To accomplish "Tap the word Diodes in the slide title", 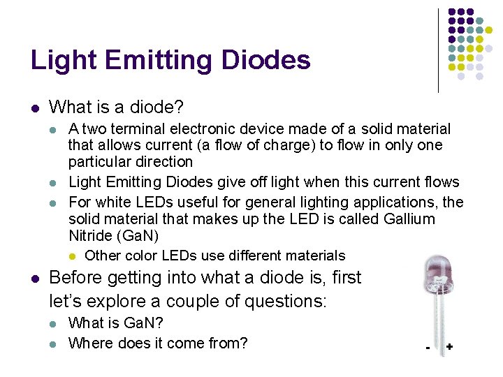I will click(x=265, y=61).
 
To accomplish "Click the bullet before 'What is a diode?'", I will click(x=35, y=108).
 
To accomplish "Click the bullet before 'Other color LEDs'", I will click(x=73, y=256).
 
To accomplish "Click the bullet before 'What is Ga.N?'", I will click(x=54, y=324).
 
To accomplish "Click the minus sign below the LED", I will click(x=427, y=347).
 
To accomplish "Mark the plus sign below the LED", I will click(x=449, y=346).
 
